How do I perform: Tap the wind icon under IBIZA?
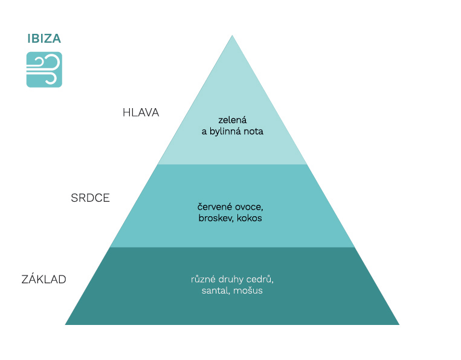click(44, 69)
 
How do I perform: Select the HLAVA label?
click(141, 112)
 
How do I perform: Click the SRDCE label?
click(90, 198)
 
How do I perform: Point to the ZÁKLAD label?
click(44, 280)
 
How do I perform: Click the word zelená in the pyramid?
click(233, 120)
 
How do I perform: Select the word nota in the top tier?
click(254, 131)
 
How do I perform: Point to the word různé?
click(204, 280)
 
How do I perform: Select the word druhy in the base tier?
click(234, 280)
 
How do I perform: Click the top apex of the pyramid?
click(232, 36)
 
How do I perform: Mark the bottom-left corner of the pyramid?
click(66, 324)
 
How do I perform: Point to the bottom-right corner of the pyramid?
click(399, 324)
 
